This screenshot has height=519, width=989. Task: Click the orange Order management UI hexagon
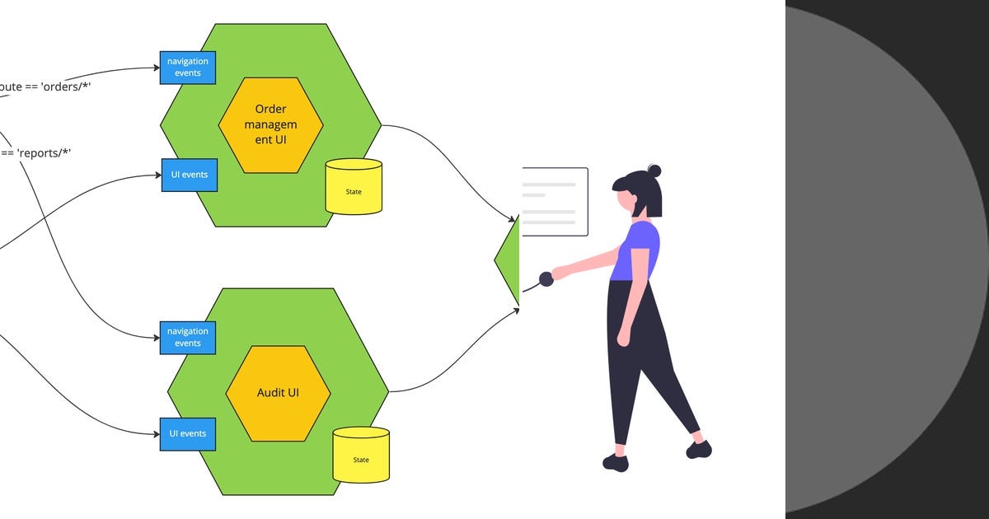pos(270,125)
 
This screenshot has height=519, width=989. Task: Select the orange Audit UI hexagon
pos(278,393)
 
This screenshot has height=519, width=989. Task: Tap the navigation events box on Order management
pos(188,68)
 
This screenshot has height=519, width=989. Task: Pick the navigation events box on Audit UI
pos(188,337)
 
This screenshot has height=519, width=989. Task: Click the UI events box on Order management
pos(189,175)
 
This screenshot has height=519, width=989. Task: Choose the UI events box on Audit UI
pos(188,433)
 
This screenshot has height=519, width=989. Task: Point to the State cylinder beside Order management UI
pos(354,187)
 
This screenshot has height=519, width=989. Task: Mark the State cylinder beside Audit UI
pos(361,455)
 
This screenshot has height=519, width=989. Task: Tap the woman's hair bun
pos(654,171)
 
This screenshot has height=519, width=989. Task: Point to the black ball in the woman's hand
pos(546,279)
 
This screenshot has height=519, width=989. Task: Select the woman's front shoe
pos(616,462)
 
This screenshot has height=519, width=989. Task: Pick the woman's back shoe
pos(699,449)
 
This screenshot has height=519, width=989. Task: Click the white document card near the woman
pos(554,202)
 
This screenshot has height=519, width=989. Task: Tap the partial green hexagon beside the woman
pos(509,260)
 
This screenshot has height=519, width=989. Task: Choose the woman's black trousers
pos(639,354)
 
